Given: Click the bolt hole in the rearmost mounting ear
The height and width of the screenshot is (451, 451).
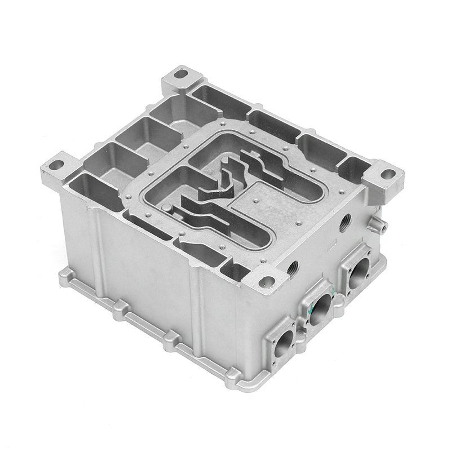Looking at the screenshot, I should [x=180, y=73].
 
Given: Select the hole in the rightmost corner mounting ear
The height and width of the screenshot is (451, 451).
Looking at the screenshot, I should [x=388, y=174].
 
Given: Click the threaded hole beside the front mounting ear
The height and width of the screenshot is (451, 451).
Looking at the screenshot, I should [x=293, y=267].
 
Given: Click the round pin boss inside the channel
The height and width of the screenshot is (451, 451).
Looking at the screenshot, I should [x=167, y=209].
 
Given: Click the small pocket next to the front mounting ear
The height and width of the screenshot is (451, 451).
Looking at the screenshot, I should [x=235, y=272].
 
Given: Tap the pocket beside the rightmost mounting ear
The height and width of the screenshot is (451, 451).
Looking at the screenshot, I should [x=354, y=168].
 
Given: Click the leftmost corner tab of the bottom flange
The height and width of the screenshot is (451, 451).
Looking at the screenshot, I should [x=65, y=276].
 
